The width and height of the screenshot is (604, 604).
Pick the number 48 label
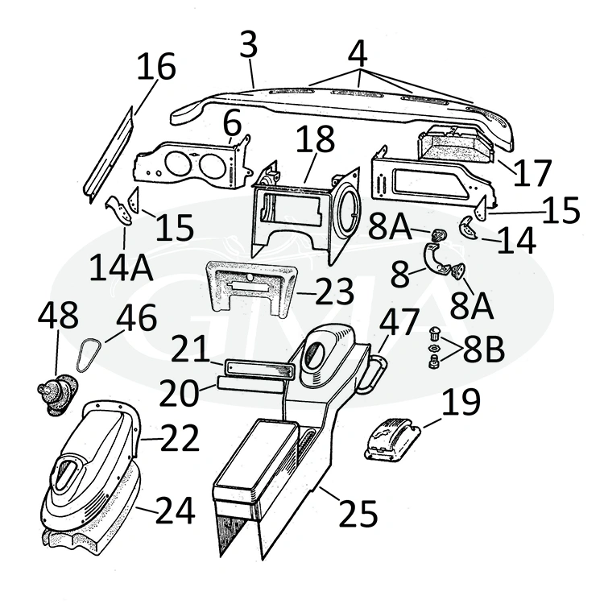[x=56, y=320]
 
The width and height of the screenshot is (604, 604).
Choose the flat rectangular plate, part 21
[x=249, y=367]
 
